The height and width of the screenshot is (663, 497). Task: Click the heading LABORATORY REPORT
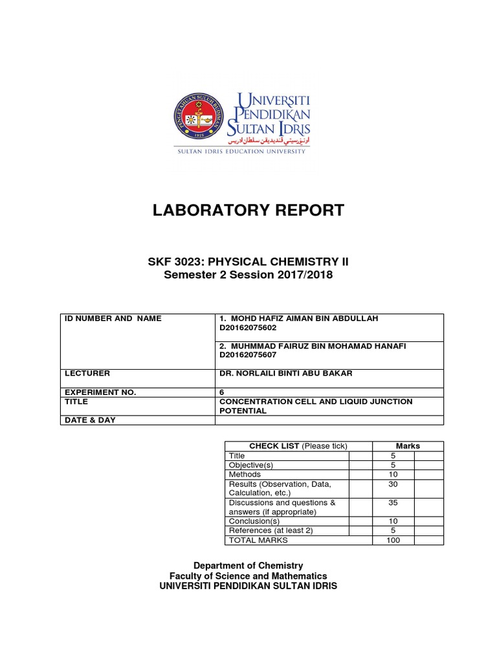pyautogui.click(x=248, y=210)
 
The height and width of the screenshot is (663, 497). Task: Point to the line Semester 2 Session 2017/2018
pyautogui.click(x=248, y=275)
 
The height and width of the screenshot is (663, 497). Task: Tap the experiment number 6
pyautogui.click(x=223, y=392)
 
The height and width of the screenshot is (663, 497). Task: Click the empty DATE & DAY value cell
pyautogui.click(x=329, y=420)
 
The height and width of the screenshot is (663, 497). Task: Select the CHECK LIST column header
pyautogui.click(x=298, y=446)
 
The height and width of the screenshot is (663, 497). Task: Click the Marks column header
pyautogui.click(x=408, y=446)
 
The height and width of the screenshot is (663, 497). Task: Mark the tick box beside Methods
pyautogui.click(x=360, y=475)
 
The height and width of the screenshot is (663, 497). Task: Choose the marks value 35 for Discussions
pyautogui.click(x=393, y=503)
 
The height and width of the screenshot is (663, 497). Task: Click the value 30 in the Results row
pyautogui.click(x=393, y=484)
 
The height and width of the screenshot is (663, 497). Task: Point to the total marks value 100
pyautogui.click(x=393, y=540)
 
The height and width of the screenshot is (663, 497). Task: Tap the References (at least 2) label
pyautogui.click(x=267, y=531)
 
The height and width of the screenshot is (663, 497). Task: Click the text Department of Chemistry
pyautogui.click(x=248, y=565)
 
